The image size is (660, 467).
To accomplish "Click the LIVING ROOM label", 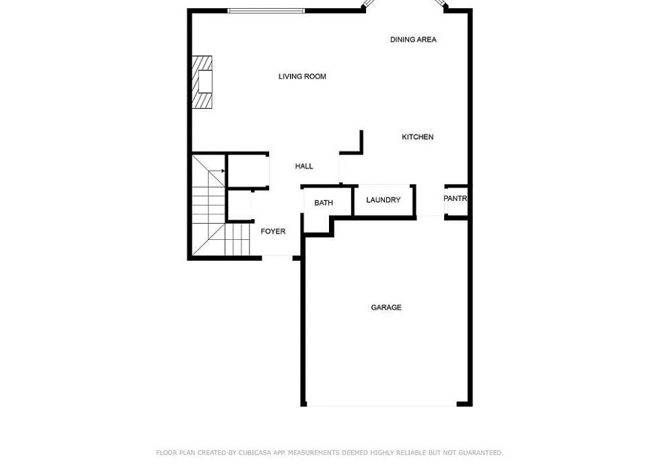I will pos(302,77).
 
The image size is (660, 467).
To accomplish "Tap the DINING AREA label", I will pos(413,40).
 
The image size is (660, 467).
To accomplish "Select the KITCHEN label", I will pos(417,137).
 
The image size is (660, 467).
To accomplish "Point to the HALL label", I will pos(303,167).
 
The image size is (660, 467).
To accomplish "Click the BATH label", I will pos(323,203).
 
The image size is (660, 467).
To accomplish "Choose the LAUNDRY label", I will pos(383,200).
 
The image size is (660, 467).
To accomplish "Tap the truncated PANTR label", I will pos(455,199).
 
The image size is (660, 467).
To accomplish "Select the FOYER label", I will pos(272,232).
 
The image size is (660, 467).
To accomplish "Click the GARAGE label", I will pos(386,308).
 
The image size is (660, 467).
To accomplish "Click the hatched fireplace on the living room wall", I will pos(203,82).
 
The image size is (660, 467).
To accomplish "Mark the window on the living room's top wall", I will pos(266,11).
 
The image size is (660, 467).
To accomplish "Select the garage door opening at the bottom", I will pos(381,405).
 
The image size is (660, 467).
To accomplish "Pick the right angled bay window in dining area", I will pos(439,4).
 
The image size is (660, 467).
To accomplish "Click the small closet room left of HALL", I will pos(248,171).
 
